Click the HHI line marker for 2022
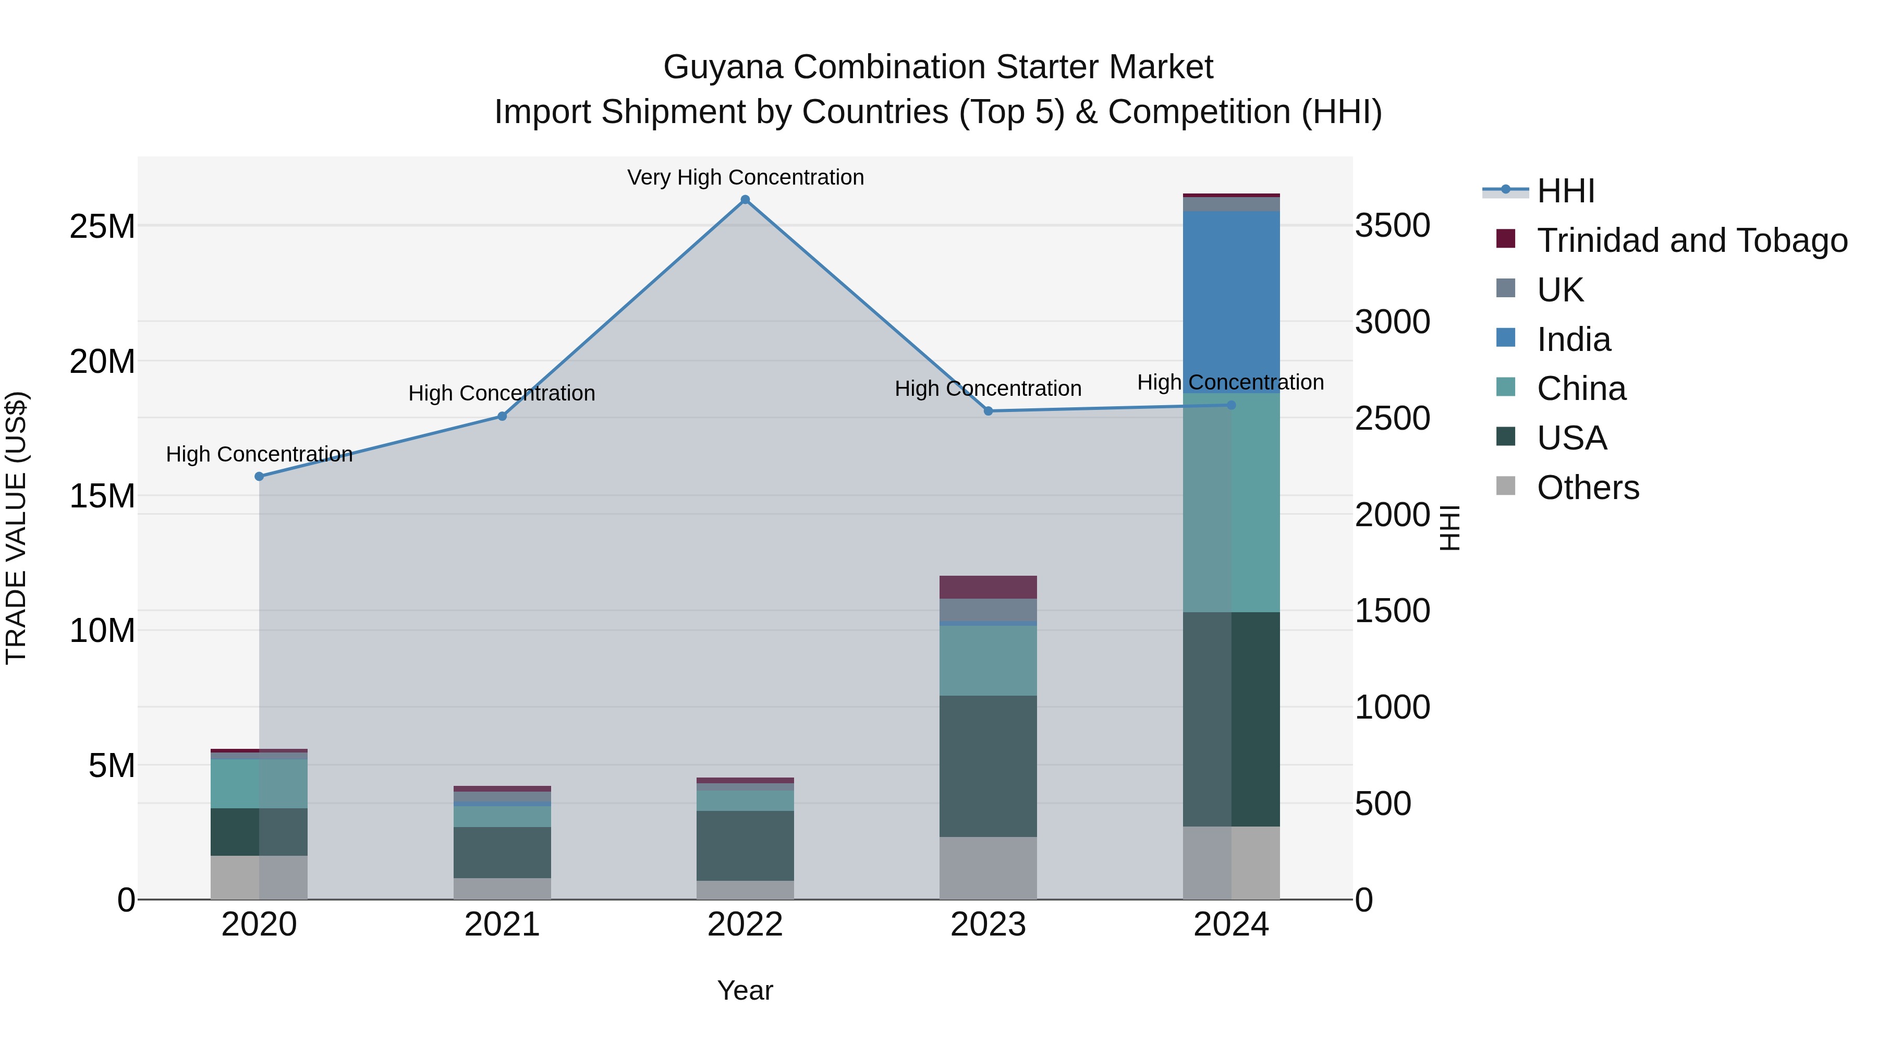click(x=745, y=200)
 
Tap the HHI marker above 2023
click(x=988, y=411)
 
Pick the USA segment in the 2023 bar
click(x=988, y=766)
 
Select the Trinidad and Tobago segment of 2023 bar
click(x=988, y=587)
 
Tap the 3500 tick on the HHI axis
click(x=1392, y=225)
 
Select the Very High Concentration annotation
click(x=745, y=177)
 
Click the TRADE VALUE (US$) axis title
click(x=16, y=528)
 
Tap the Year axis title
click(x=745, y=990)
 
